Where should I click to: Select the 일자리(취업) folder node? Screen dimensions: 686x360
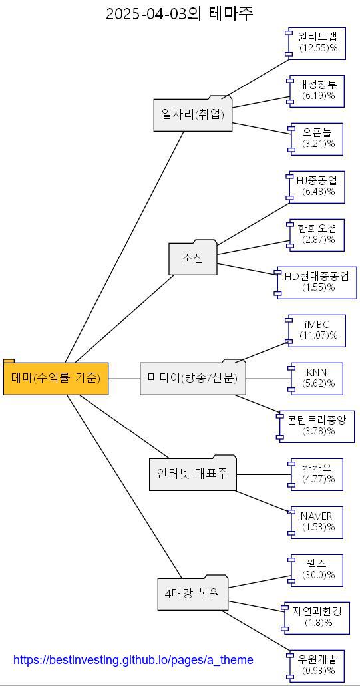(193, 114)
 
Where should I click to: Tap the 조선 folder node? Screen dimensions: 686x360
(193, 258)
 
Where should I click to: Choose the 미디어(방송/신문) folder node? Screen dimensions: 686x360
(192, 379)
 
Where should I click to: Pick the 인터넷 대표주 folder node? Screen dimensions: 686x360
(192, 474)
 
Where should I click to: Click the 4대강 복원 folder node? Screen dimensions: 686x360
(192, 592)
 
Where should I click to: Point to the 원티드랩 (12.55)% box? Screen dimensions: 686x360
(317, 42)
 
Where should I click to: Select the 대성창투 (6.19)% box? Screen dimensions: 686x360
(317, 90)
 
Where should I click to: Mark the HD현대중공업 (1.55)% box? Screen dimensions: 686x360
(317, 282)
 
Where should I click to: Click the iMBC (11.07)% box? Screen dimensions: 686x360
(317, 331)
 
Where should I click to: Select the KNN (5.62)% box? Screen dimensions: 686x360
(317, 379)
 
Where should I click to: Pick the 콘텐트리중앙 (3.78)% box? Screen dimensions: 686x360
(317, 426)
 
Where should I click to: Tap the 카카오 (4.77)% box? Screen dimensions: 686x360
(317, 474)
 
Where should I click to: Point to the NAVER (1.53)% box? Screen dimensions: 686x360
(317, 522)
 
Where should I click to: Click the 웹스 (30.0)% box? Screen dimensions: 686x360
(317, 570)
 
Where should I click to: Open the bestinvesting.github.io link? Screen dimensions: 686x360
(133, 660)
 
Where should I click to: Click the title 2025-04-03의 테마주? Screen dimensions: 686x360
(180, 13)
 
